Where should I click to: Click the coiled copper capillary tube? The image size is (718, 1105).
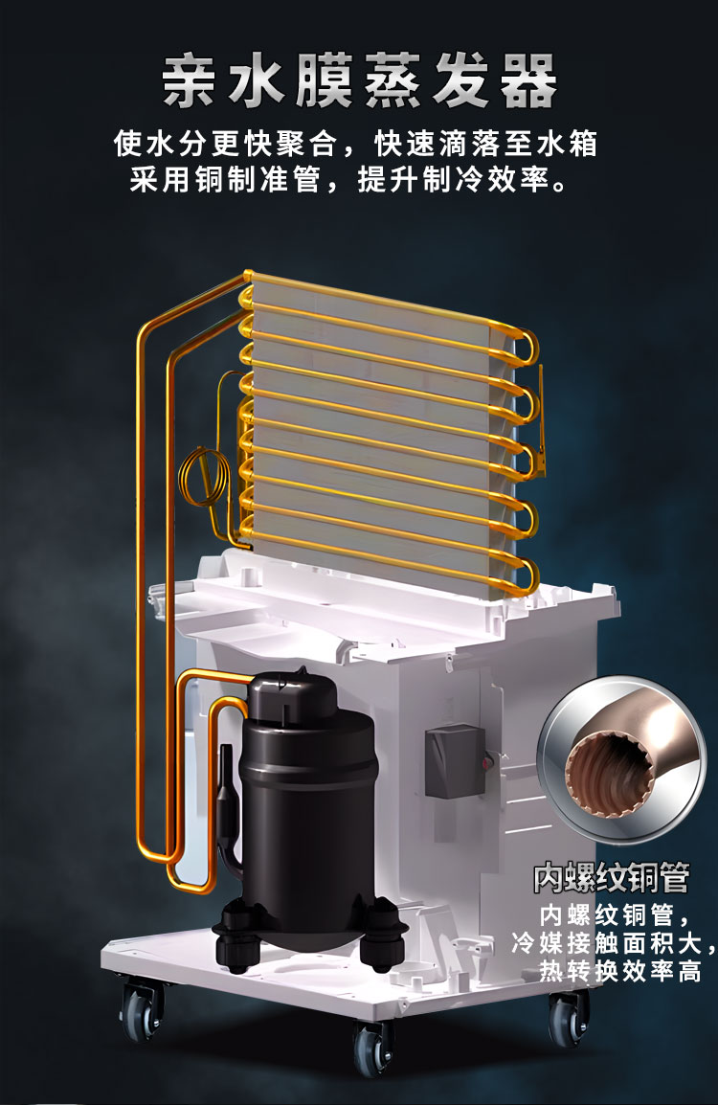tap(205, 477)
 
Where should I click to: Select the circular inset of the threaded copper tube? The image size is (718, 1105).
tap(621, 758)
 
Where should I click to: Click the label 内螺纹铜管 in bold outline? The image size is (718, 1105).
tap(610, 878)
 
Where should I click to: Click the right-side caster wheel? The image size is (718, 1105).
tap(568, 1019)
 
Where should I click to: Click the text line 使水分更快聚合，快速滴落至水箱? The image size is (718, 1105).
tap(355, 144)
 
